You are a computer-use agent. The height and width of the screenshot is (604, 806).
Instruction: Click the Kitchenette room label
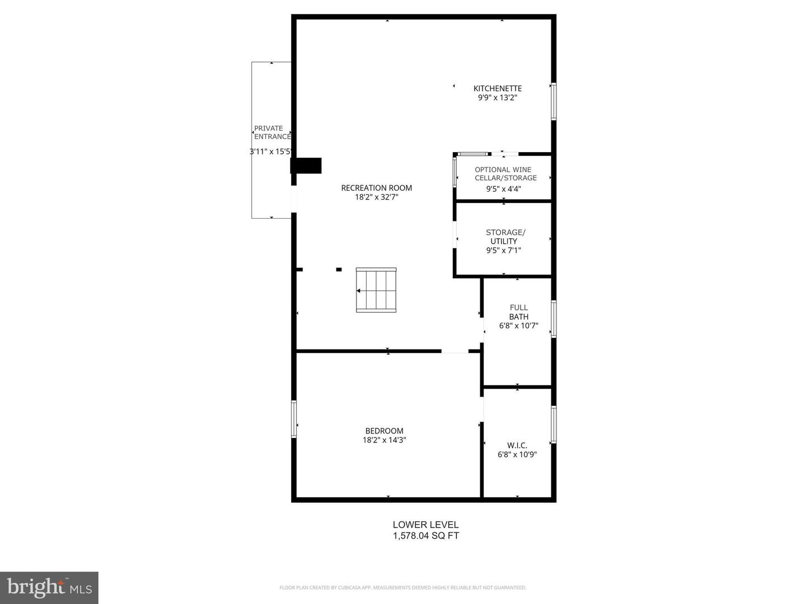click(x=497, y=88)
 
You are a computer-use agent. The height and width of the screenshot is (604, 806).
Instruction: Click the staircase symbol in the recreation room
click(x=376, y=290)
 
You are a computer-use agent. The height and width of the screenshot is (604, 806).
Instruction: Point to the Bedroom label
click(x=384, y=431)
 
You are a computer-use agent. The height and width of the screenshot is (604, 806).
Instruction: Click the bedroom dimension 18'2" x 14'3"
click(x=384, y=440)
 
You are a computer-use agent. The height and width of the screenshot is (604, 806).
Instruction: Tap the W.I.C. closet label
click(x=517, y=445)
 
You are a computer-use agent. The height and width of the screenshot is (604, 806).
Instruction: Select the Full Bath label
click(x=518, y=312)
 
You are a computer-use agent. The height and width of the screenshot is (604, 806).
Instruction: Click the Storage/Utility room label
click(x=505, y=237)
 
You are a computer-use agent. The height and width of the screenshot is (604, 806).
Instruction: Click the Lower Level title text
click(x=425, y=525)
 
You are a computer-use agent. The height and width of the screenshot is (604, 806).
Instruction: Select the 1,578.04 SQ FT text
click(x=425, y=536)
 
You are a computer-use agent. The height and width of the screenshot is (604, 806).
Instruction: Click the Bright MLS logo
click(x=49, y=587)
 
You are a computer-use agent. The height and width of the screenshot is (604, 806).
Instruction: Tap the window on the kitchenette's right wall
click(x=554, y=101)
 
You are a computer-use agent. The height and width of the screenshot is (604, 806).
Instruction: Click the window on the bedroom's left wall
click(x=294, y=418)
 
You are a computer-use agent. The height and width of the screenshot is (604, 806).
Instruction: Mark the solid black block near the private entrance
click(x=306, y=166)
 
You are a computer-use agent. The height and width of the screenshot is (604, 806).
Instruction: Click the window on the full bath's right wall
click(x=554, y=319)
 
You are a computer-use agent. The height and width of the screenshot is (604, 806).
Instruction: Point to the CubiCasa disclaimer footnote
click(x=402, y=588)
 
